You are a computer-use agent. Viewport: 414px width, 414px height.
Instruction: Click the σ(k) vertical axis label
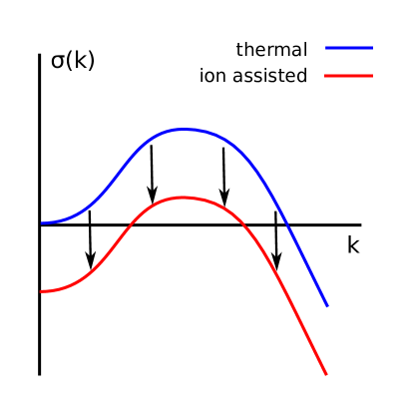(x=73, y=61)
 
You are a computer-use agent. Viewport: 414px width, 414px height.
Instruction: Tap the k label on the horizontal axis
(x=353, y=244)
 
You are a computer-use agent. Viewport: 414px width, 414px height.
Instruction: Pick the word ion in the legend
(x=213, y=76)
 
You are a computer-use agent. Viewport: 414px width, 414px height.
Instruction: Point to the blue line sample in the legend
(x=349, y=48)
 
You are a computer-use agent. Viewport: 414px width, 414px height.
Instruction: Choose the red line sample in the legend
(x=349, y=76)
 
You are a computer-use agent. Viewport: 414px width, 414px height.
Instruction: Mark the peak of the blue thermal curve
(x=184, y=129)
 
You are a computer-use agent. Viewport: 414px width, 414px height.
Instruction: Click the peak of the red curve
(x=184, y=198)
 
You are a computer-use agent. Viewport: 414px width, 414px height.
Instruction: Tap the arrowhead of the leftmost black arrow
(x=91, y=266)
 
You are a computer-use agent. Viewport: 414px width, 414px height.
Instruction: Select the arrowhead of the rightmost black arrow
(x=277, y=267)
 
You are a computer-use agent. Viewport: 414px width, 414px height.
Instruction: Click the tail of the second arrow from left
(x=151, y=146)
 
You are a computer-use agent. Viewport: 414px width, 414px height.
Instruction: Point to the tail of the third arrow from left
(x=222, y=149)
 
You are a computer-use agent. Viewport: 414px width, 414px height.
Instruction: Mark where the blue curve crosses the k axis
(x=287, y=224)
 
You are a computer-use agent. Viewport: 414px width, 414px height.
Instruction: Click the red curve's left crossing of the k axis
(x=127, y=224)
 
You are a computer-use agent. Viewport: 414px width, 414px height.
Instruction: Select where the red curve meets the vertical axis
(x=41, y=291)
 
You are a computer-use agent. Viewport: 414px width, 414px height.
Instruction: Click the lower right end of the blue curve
(x=326, y=305)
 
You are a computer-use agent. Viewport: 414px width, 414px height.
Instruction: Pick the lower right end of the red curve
(x=326, y=374)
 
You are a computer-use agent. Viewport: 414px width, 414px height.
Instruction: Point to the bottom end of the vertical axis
(x=40, y=374)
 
